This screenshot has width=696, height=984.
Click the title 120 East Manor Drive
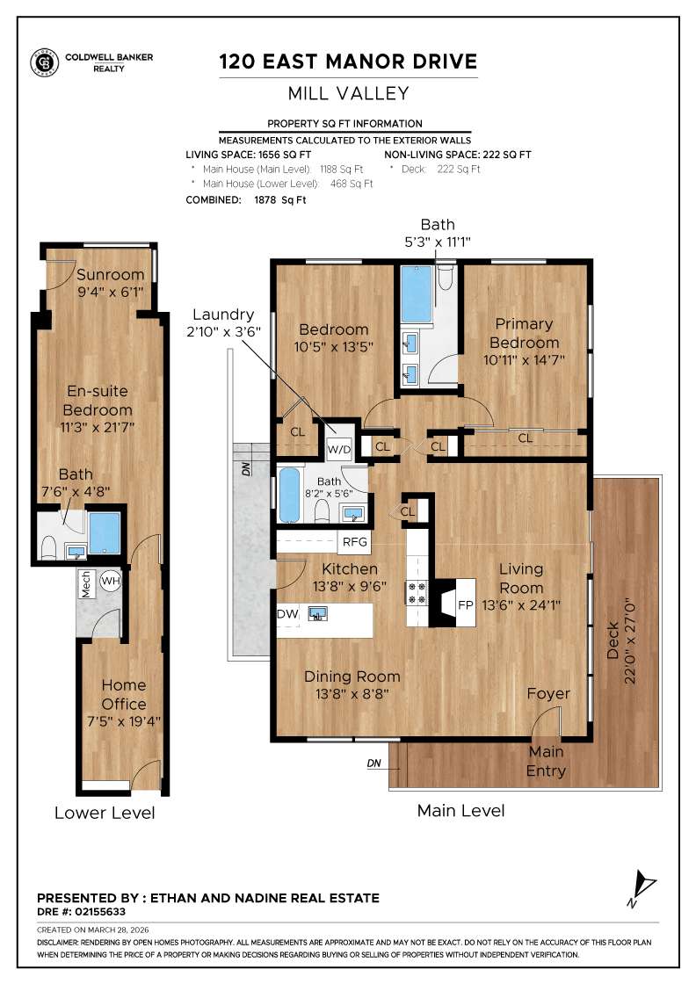[x=348, y=61]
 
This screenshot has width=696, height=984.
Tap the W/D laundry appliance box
[x=338, y=449]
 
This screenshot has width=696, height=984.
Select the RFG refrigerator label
[x=355, y=542]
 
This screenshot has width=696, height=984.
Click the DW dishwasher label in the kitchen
[x=286, y=614]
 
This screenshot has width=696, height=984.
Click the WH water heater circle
[x=111, y=581]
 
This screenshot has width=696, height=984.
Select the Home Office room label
[x=124, y=694]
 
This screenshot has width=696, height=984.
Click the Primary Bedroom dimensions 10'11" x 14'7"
[x=524, y=359]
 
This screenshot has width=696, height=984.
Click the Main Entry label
[x=547, y=762]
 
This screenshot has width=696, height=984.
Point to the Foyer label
[x=548, y=694]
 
